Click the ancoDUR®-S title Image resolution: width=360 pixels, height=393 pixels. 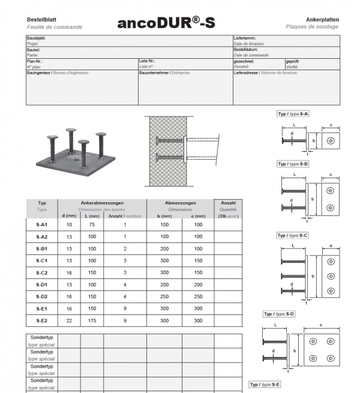click(166, 23)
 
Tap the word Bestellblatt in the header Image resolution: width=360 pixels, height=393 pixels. click(41, 20)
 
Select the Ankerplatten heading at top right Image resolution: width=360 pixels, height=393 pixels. click(322, 20)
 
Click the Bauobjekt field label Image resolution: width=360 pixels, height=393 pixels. click(37, 38)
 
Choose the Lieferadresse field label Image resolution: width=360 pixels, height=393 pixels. click(248, 73)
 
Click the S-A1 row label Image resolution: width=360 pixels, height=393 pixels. click(42, 224)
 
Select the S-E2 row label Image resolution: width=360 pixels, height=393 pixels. click(42, 320)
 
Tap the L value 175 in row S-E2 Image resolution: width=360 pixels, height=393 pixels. click(92, 320)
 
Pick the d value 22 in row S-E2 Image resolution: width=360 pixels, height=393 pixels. click(69, 320)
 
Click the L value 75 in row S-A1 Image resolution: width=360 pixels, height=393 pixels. click(92, 224)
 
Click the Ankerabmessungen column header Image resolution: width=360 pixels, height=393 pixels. click(102, 203)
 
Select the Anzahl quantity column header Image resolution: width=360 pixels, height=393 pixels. click(228, 203)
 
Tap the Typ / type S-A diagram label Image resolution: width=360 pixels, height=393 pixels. click(293, 113)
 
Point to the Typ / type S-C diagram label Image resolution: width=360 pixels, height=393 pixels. click(293, 235)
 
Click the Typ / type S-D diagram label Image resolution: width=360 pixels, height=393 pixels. click(279, 314)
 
